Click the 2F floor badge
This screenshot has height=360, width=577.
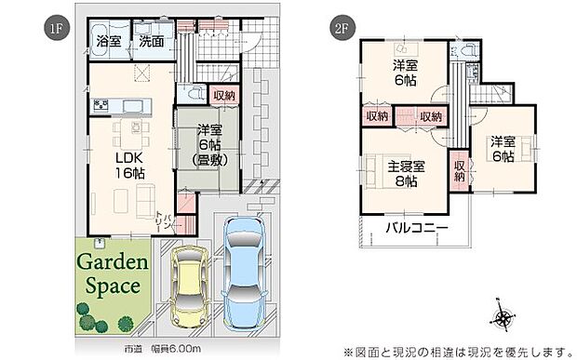point(340,27)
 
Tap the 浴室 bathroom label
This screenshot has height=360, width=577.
point(109,41)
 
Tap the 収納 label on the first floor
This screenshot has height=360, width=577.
point(224,95)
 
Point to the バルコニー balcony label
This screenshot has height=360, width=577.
point(417,228)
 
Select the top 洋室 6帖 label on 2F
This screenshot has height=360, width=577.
point(405,73)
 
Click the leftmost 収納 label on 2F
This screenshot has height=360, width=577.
point(377,116)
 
